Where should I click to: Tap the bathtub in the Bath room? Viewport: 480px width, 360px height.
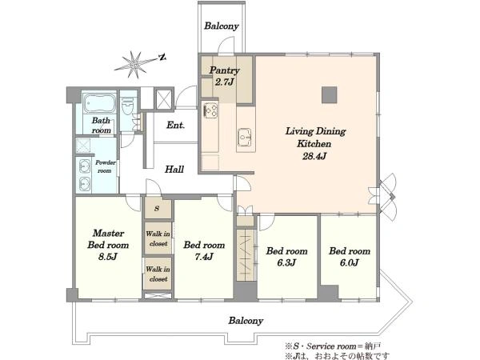(x=99, y=103)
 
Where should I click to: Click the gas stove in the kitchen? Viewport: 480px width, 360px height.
(x=211, y=110)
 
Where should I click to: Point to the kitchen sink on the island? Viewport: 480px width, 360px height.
(x=245, y=137)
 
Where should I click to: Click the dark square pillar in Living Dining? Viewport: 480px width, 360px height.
(x=330, y=95)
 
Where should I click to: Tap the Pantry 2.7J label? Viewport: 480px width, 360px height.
(x=224, y=76)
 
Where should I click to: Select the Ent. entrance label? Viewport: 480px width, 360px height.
(x=176, y=125)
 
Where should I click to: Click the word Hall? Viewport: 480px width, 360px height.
(x=174, y=169)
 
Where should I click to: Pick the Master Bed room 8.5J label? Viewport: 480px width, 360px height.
(x=108, y=245)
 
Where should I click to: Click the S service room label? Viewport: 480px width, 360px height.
(x=157, y=209)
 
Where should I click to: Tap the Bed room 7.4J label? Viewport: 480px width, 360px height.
(x=204, y=250)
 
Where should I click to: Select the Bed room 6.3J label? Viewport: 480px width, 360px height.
(x=287, y=257)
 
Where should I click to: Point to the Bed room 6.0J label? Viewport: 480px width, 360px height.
(x=350, y=257)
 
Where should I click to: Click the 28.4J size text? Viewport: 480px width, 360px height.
(x=314, y=156)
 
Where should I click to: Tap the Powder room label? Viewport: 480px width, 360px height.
(x=106, y=166)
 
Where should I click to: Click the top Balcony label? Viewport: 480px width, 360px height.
(x=222, y=26)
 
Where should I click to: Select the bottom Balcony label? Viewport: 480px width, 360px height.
(x=246, y=321)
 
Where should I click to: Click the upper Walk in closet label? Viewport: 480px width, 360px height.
(x=158, y=238)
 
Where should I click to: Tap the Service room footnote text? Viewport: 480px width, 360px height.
(x=333, y=346)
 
